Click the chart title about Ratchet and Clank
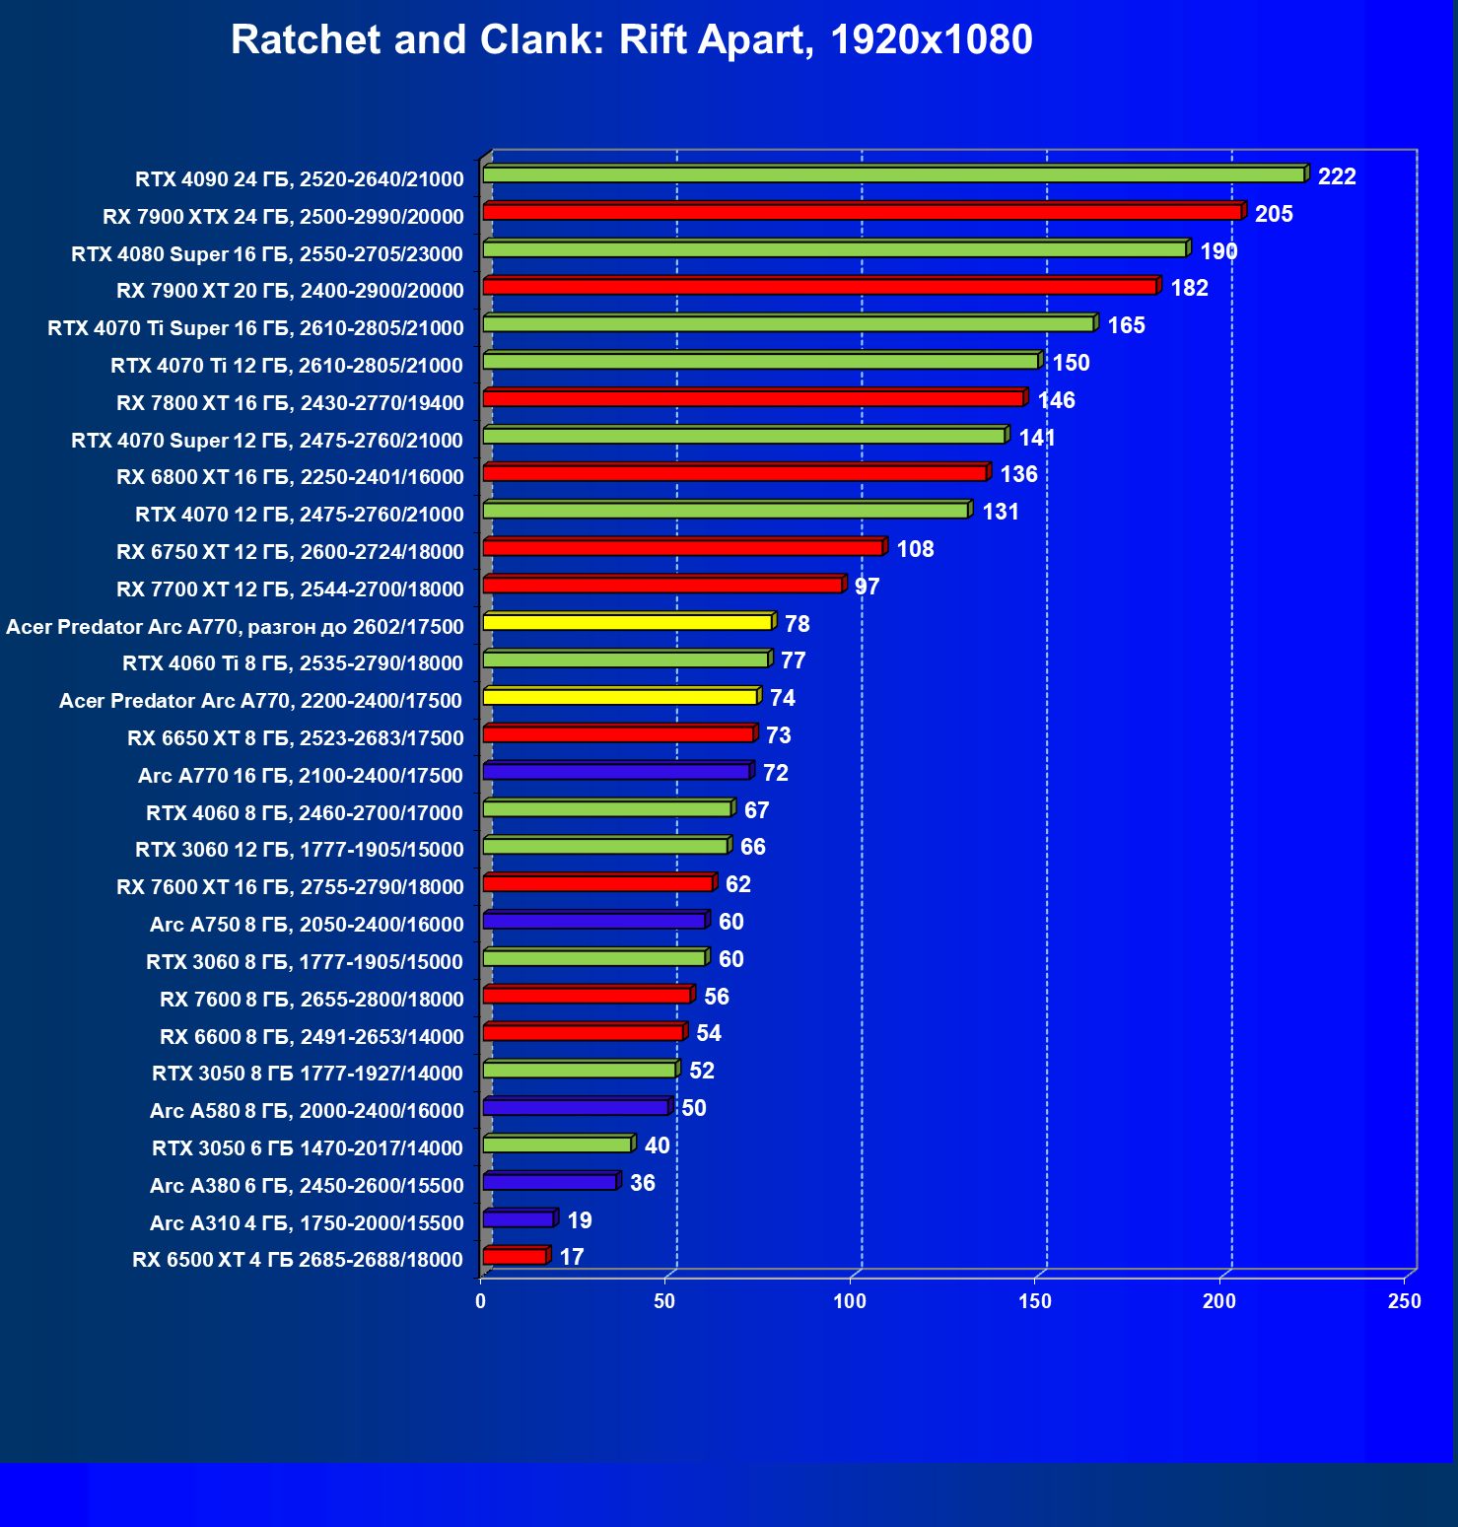(x=631, y=40)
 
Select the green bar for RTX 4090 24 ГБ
(x=893, y=174)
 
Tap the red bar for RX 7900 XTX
(x=862, y=212)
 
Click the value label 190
(x=1218, y=251)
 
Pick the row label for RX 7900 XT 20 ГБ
(x=290, y=291)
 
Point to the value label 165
(x=1126, y=325)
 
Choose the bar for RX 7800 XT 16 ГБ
(x=753, y=398)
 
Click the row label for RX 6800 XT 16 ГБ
(x=290, y=477)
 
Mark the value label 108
(x=915, y=549)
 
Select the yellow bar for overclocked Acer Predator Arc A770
(x=627, y=622)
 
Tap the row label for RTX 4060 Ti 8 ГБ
(x=293, y=663)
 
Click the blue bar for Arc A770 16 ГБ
(x=616, y=771)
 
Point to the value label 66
(x=752, y=847)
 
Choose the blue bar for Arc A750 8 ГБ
(x=594, y=921)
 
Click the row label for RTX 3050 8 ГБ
(x=308, y=1073)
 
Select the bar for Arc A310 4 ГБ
(x=519, y=1219)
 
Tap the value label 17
(x=572, y=1257)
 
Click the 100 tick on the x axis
(x=850, y=1301)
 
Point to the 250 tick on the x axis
(x=1404, y=1301)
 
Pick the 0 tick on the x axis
(x=481, y=1301)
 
